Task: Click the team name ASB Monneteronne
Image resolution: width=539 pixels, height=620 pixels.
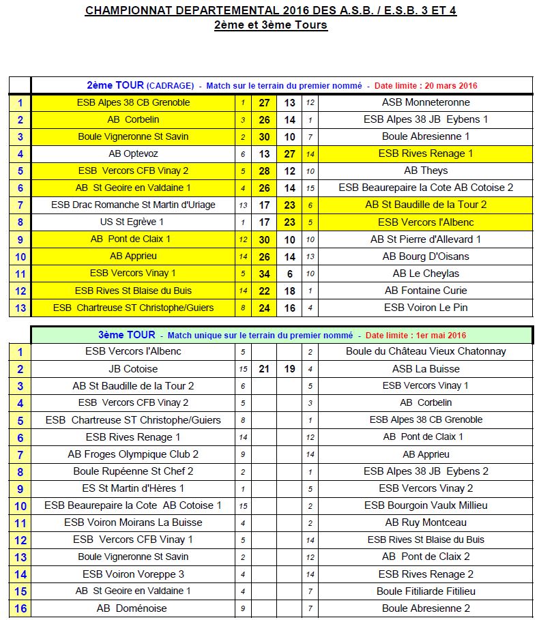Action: pos(426,102)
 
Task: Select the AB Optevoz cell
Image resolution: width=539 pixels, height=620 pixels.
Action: pos(134,153)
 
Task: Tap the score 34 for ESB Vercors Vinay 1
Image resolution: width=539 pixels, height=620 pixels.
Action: pos(265,274)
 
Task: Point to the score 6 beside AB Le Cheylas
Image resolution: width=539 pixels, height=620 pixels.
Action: pos(290,274)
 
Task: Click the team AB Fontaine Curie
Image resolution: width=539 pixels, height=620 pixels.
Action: pos(426,291)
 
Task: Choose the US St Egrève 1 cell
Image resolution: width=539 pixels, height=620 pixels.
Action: pos(134,222)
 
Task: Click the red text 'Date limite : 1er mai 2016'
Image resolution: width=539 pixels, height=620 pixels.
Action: pos(416,336)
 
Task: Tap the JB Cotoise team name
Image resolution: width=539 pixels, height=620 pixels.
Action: pos(134,369)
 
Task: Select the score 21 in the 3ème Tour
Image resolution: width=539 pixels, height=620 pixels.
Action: pos(265,369)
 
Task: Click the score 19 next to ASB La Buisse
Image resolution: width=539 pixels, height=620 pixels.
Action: pos(290,369)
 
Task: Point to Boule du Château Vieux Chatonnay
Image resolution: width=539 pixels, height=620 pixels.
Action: pos(426,351)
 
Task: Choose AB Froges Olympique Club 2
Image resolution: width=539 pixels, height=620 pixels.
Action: pos(134,454)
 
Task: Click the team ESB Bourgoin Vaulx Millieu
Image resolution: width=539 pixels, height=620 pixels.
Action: pos(426,505)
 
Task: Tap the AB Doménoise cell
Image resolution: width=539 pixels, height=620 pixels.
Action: pos(134,608)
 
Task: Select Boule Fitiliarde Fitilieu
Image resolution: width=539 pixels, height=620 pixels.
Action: pos(426,591)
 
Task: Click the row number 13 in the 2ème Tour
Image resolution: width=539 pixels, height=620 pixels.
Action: pos(20,308)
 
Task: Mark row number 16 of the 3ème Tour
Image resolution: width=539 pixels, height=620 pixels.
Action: pos(20,608)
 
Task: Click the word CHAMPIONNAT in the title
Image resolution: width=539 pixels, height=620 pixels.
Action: pos(121,11)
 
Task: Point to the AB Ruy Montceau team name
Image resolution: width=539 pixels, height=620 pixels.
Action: pos(426,522)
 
